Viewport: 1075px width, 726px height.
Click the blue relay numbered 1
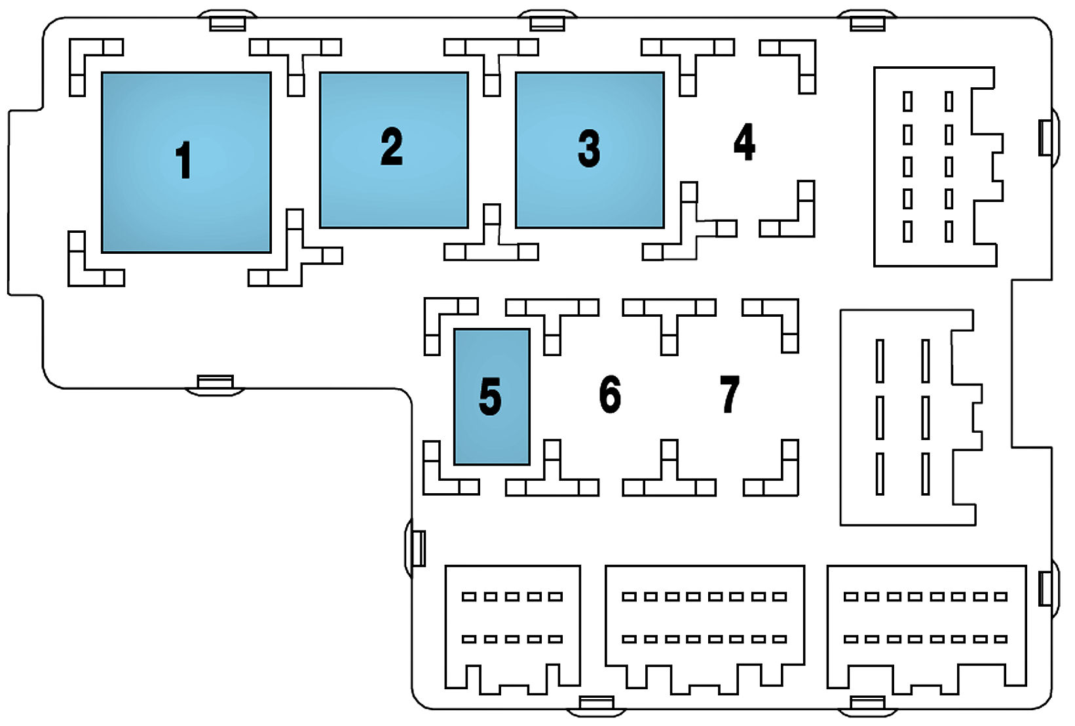click(x=186, y=162)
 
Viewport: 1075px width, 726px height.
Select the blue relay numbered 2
click(x=394, y=150)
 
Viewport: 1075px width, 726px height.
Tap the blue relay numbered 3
click(x=590, y=150)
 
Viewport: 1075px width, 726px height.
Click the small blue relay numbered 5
click(x=491, y=397)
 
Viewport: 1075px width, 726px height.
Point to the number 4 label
click(x=744, y=142)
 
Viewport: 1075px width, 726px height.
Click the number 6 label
click(x=610, y=394)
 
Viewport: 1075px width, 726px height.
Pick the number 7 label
click(x=729, y=394)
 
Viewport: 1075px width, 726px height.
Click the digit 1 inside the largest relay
click(x=184, y=160)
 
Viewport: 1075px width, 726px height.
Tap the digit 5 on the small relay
click(x=490, y=397)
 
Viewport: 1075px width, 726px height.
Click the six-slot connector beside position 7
click(x=907, y=417)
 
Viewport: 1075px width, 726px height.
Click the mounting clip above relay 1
click(x=227, y=22)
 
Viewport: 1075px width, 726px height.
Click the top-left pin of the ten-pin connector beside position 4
click(x=908, y=102)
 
